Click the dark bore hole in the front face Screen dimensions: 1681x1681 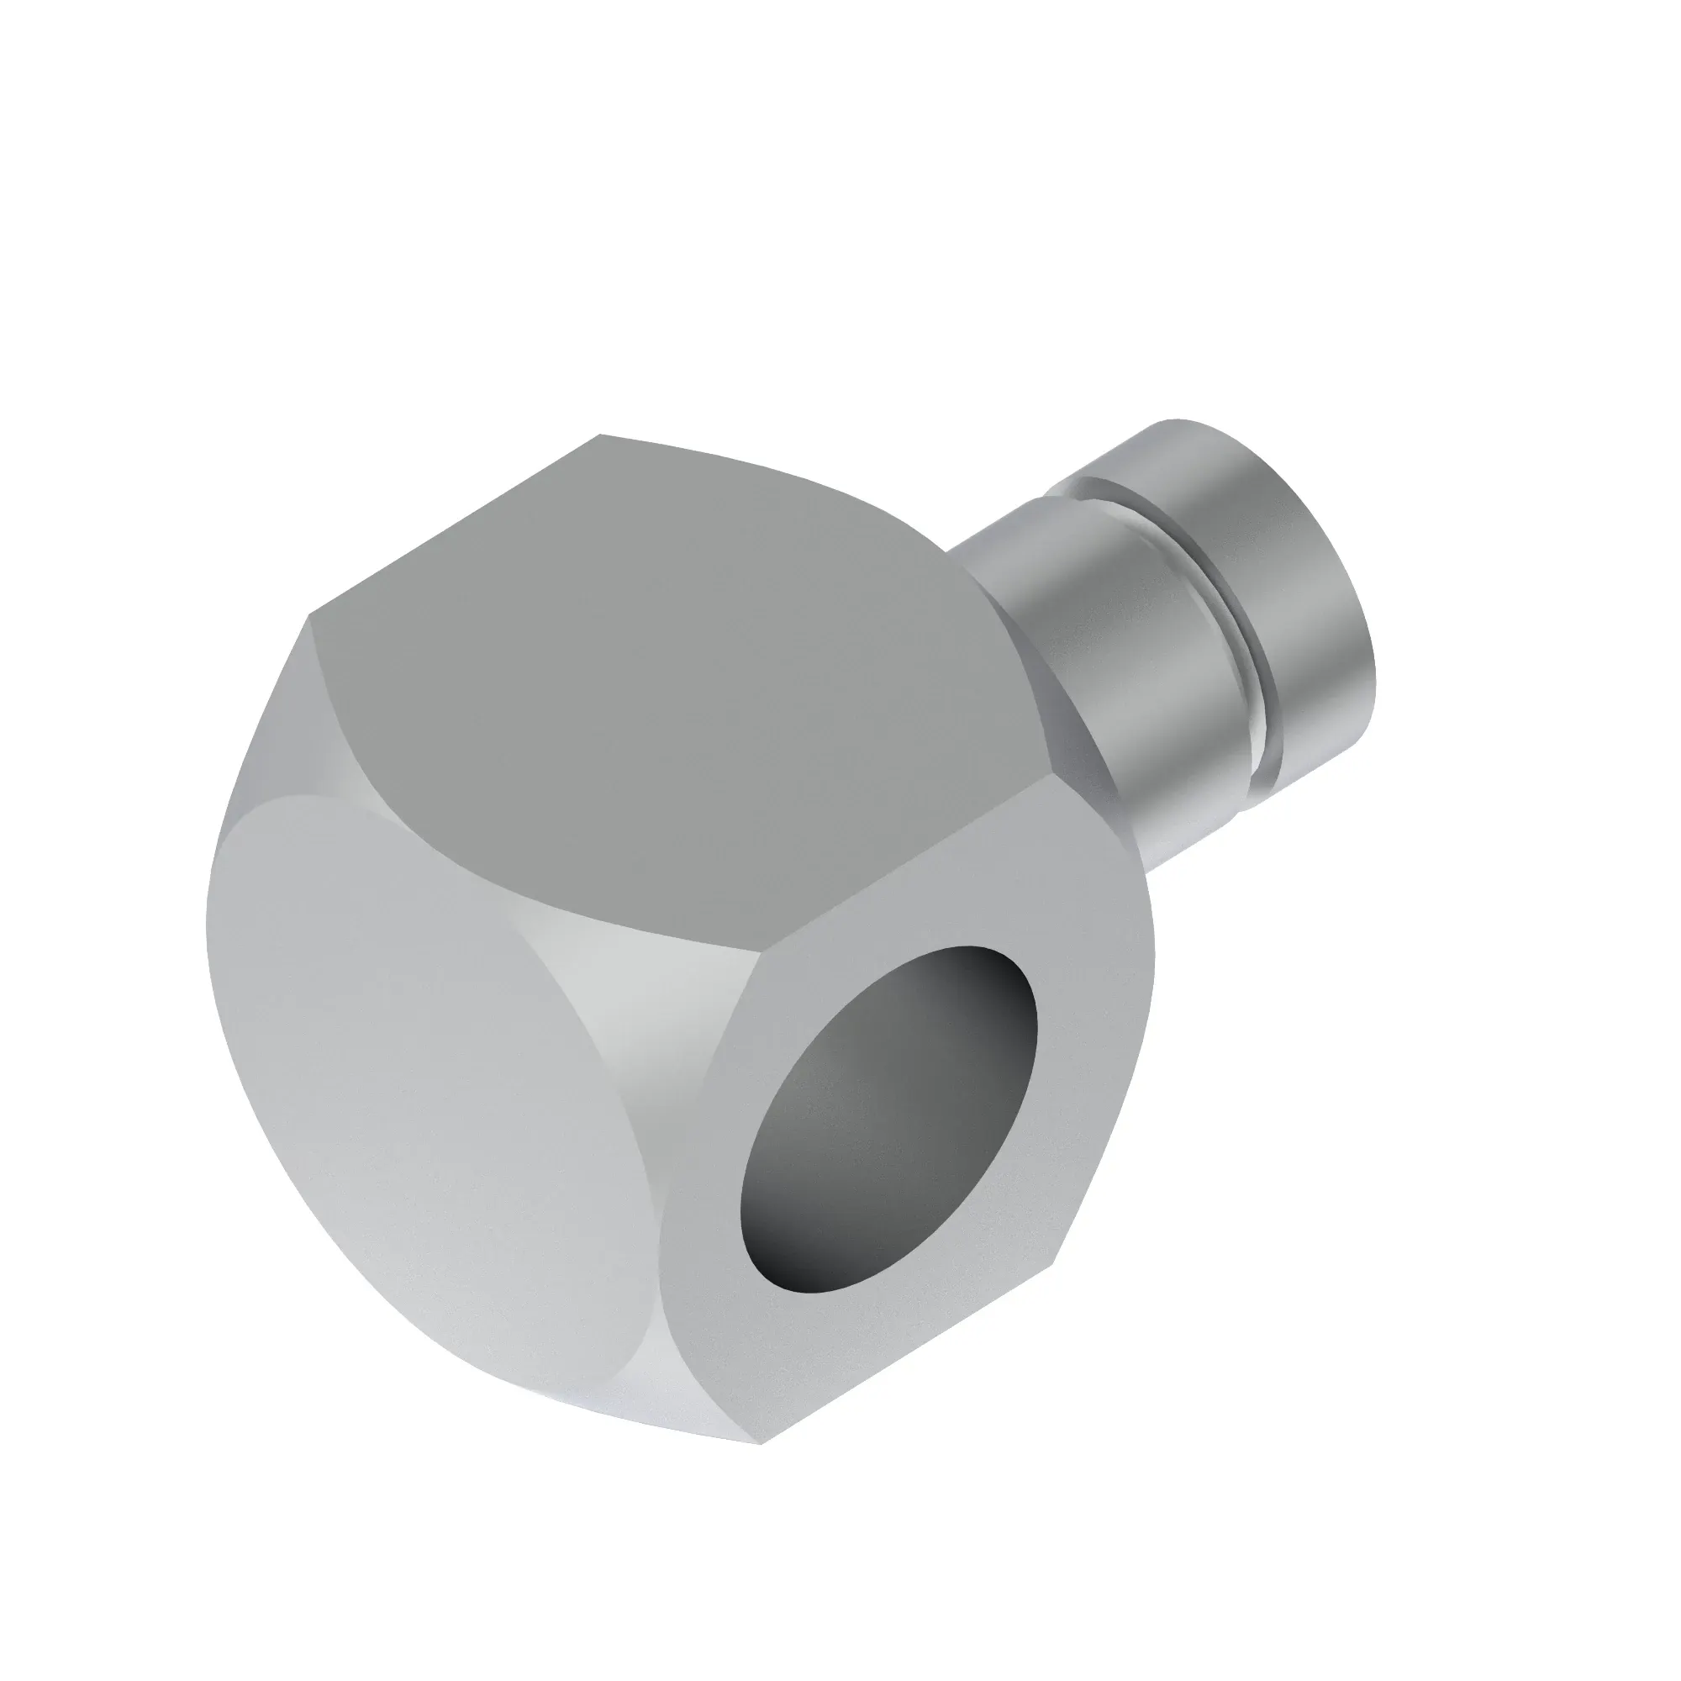(x=888, y=1131)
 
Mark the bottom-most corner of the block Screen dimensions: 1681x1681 (x=762, y=1444)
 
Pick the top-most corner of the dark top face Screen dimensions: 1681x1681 (x=600, y=435)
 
